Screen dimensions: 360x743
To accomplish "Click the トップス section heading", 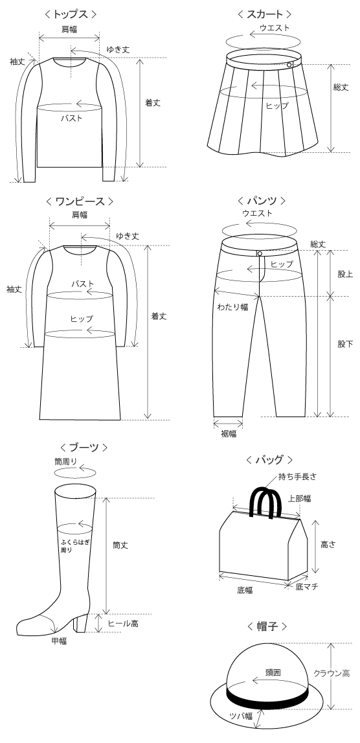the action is [71, 14].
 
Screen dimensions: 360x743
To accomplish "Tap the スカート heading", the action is [264, 14].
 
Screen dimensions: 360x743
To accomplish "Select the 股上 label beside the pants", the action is [345, 274].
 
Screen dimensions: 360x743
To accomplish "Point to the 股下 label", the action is [345, 344].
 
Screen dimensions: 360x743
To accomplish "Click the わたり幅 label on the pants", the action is [232, 306].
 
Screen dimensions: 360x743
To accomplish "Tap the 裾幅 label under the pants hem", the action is [229, 433].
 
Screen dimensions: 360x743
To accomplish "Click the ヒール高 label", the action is [123, 624].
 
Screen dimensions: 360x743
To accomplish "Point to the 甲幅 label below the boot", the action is [59, 641].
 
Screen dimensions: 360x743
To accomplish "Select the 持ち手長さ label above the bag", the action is [297, 477].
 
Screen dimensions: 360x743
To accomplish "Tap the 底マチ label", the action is [307, 587].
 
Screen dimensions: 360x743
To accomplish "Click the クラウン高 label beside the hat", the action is [332, 673].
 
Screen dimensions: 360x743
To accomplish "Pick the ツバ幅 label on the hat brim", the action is [241, 716].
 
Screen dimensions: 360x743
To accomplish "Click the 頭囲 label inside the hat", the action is [273, 672].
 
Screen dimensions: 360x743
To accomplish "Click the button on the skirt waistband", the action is [289, 64].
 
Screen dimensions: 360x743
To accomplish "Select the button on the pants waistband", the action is [260, 253].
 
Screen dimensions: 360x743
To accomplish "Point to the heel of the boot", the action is [81, 622].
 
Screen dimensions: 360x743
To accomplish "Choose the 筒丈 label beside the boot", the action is [120, 545].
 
